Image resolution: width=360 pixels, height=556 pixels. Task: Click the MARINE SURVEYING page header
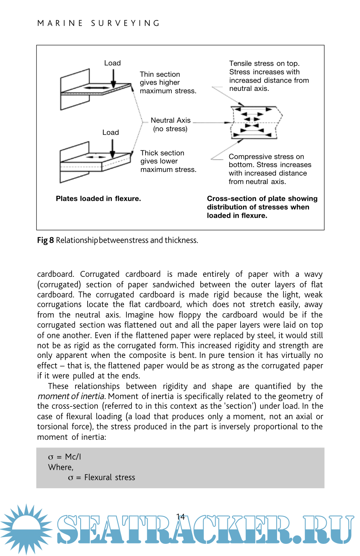(x=99, y=23)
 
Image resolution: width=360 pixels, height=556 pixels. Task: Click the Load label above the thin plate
(x=112, y=63)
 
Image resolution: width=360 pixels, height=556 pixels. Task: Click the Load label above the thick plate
(x=110, y=132)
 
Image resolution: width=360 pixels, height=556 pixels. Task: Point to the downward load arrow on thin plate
(x=113, y=78)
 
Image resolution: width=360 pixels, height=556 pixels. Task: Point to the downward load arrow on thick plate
(x=112, y=149)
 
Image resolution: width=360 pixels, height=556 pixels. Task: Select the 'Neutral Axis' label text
(x=171, y=120)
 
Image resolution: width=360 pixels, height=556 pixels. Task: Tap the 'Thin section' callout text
(x=160, y=74)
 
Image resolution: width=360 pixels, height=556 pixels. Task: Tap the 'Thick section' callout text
(x=162, y=153)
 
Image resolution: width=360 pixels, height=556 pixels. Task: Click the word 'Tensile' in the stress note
(x=240, y=63)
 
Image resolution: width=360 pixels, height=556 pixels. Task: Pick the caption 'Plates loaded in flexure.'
(x=98, y=199)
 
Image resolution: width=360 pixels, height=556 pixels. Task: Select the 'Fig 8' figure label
(x=45, y=240)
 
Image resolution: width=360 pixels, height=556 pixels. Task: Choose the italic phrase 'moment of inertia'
(x=71, y=396)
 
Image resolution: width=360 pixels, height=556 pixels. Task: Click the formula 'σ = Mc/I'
(x=65, y=457)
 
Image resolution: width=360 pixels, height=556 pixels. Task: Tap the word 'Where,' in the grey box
(x=61, y=467)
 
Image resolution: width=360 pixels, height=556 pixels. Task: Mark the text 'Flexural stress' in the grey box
(x=110, y=477)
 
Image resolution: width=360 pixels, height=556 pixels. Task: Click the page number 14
(x=180, y=517)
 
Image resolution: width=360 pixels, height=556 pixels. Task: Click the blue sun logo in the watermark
(x=27, y=529)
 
